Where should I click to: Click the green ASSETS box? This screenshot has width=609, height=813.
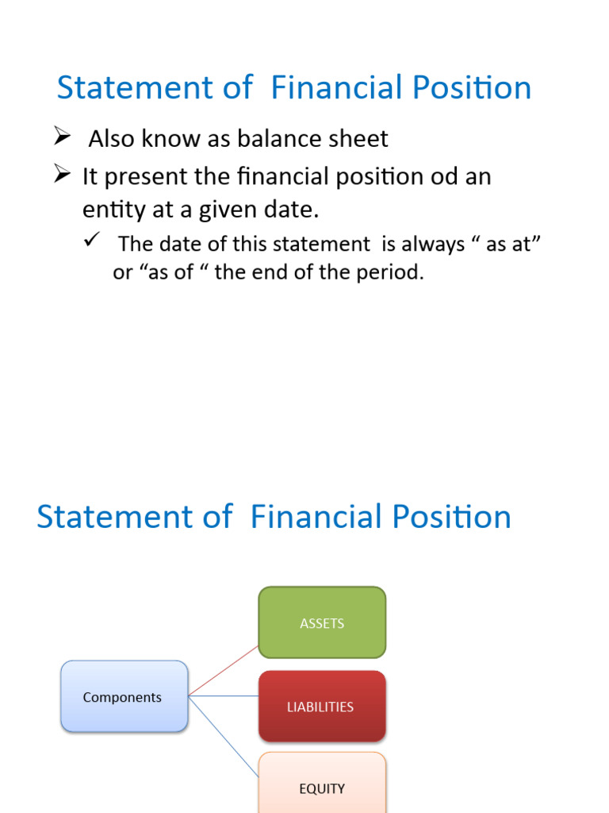322,622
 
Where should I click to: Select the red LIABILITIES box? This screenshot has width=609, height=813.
322,706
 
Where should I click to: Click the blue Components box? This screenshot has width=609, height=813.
124,696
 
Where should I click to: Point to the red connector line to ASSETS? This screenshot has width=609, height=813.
224,671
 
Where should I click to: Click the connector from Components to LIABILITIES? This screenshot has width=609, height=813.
224,696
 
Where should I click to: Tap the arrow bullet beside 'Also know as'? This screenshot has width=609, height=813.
63,137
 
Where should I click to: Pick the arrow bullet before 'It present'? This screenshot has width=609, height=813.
63,175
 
